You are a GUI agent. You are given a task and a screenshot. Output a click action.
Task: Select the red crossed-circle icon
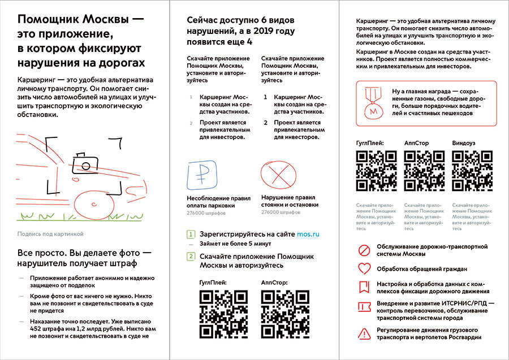(274, 176)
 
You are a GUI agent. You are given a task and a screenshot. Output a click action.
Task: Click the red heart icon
(365, 268)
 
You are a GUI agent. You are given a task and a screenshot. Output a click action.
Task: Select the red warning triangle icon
(365, 333)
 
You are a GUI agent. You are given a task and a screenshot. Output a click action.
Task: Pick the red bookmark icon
(365, 287)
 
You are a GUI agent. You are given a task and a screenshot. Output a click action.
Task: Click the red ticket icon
(365, 308)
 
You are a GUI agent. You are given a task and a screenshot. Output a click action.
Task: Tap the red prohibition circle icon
(365, 249)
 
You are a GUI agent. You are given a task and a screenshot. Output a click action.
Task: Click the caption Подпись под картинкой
(50, 233)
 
